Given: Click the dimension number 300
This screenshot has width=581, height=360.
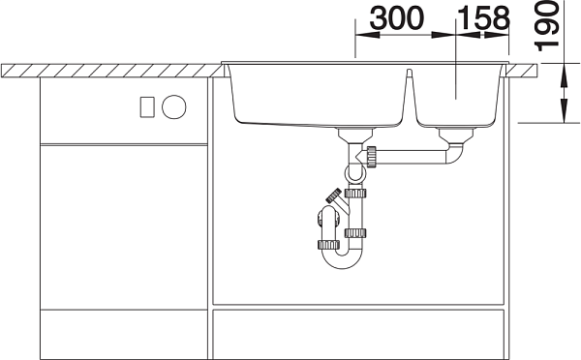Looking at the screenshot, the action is tap(396, 18).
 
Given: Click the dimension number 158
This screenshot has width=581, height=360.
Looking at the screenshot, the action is tap(483, 18).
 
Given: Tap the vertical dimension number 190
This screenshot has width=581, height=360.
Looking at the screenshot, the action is tap(546, 26).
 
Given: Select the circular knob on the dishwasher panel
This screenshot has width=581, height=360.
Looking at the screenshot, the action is tap(174, 107).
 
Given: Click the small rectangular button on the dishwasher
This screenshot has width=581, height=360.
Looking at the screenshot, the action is tap(147, 107).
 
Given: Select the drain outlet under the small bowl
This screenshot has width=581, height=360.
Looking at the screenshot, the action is tap(456, 135).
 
